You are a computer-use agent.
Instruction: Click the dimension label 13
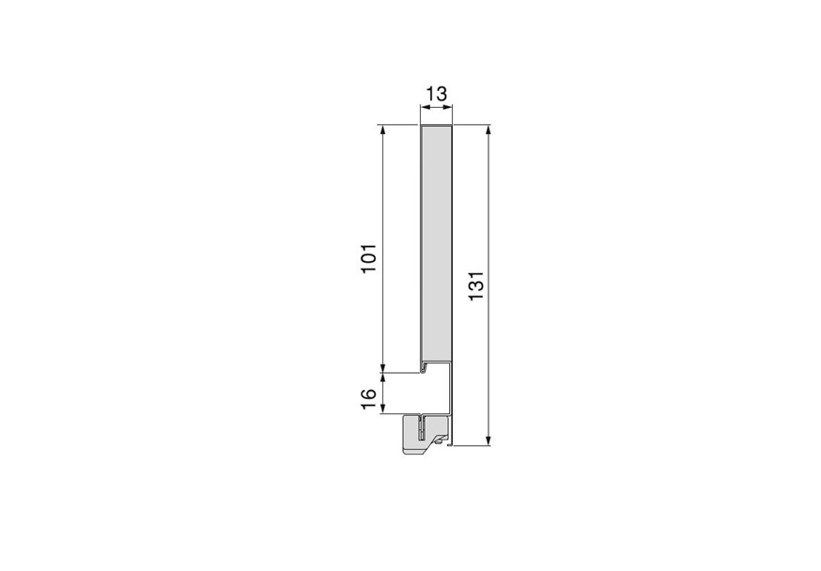435,94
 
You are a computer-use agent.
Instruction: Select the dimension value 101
369,258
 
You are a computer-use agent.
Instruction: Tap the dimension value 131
476,285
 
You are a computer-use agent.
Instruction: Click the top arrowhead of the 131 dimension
488,130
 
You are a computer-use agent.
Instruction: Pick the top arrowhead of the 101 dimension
383,130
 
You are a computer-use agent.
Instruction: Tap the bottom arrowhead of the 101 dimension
383,366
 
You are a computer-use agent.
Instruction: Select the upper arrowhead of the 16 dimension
383,378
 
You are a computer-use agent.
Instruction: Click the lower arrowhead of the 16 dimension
383,406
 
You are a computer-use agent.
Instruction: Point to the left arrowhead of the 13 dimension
421,108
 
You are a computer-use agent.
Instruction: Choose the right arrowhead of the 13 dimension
449,108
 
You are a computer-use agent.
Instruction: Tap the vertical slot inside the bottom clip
424,431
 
